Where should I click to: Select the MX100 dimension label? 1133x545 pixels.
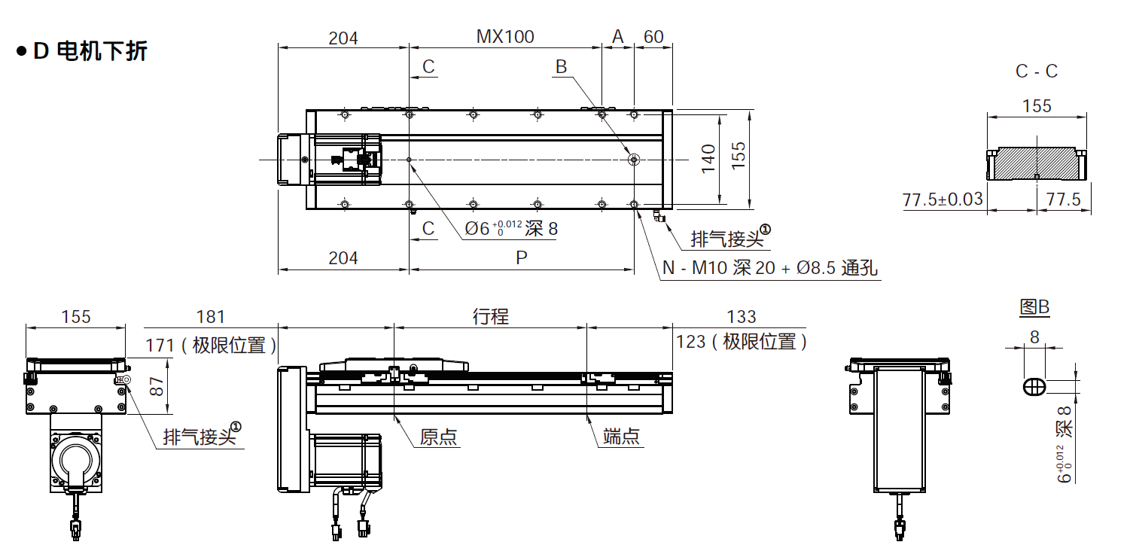click(505, 36)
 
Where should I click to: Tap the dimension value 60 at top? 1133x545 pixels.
click(653, 36)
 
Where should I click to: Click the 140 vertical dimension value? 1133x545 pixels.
click(708, 159)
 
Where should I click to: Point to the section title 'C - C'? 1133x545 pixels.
click(1037, 72)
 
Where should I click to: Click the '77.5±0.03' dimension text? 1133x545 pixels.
click(943, 199)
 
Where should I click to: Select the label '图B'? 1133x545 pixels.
click(1034, 307)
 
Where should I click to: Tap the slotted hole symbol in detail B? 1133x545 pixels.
click(1034, 386)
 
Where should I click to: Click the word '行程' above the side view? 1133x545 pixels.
click(490, 317)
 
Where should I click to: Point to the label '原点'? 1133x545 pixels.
click(439, 437)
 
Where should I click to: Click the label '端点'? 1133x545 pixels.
click(622, 437)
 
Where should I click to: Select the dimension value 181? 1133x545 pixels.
click(210, 317)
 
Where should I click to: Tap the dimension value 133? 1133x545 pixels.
click(742, 317)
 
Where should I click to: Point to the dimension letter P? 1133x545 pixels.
click(521, 258)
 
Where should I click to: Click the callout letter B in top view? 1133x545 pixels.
click(561, 66)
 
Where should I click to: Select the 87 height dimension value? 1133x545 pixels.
click(157, 386)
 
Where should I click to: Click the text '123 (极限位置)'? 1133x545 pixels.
click(742, 343)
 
